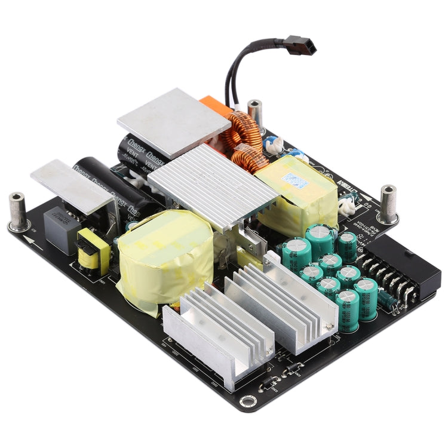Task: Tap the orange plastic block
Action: pos(216,108)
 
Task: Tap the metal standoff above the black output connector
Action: pos(388,203)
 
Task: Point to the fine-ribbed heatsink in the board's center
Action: pos(212,185)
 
